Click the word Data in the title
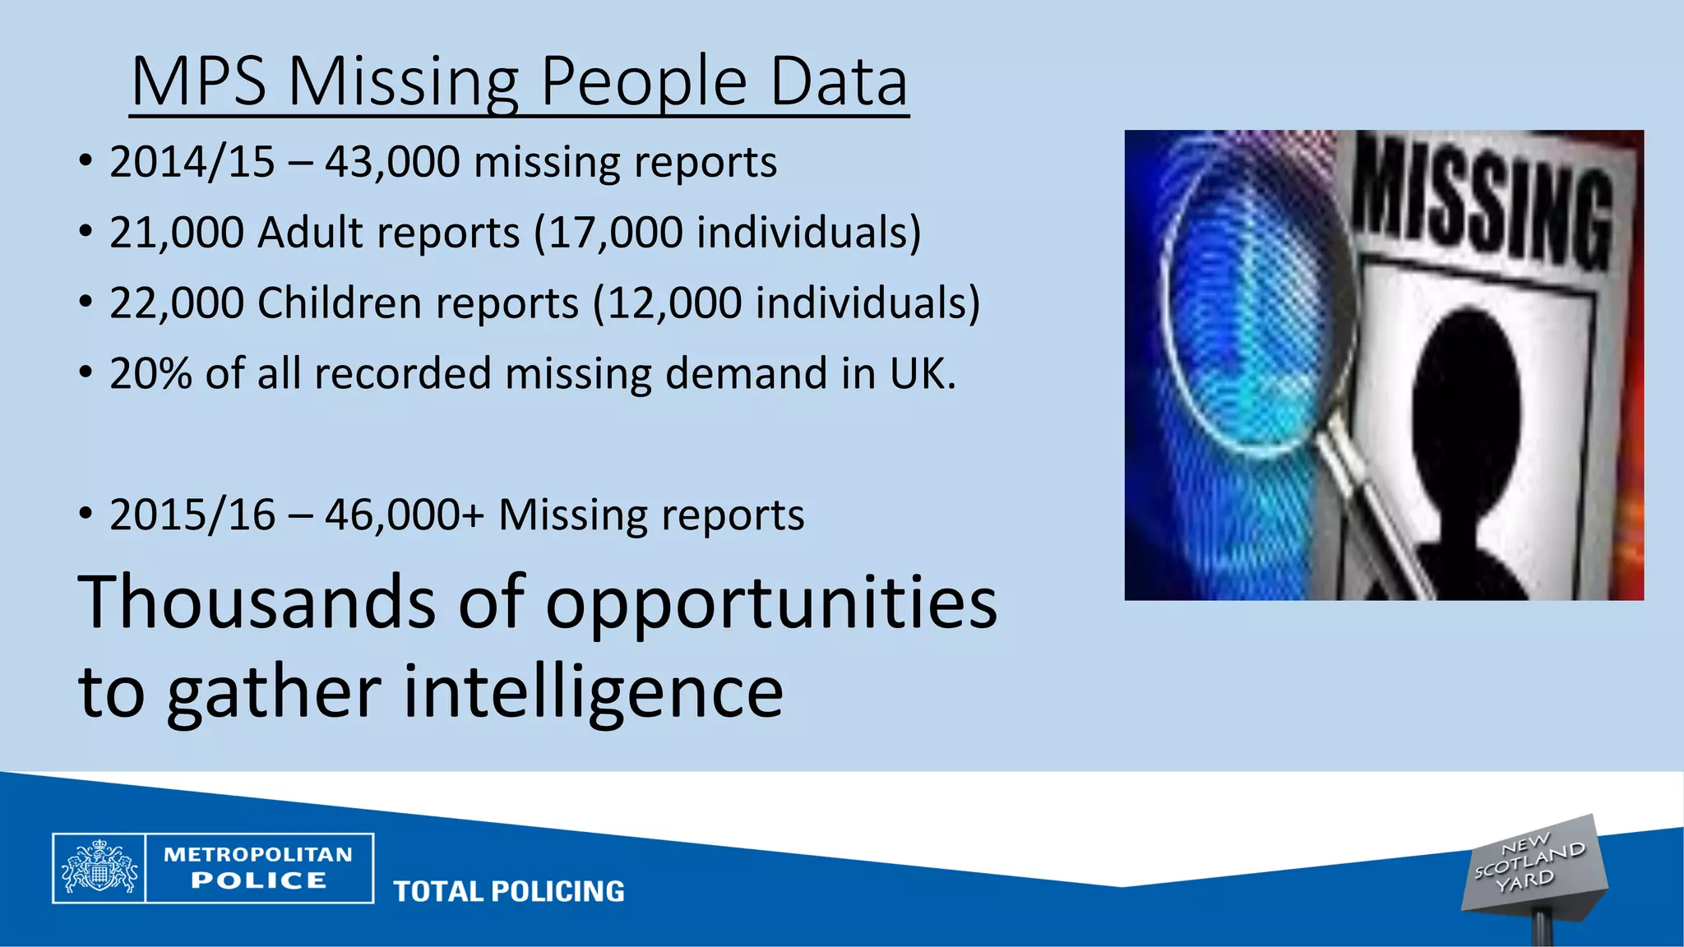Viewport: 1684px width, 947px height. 839,82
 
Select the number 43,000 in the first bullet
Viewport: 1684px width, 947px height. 392,162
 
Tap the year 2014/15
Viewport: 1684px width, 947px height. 192,162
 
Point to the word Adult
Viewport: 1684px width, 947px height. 309,233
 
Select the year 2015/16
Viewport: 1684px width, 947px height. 192,515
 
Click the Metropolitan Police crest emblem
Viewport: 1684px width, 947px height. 99,868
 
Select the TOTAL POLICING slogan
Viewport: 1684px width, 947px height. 509,892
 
